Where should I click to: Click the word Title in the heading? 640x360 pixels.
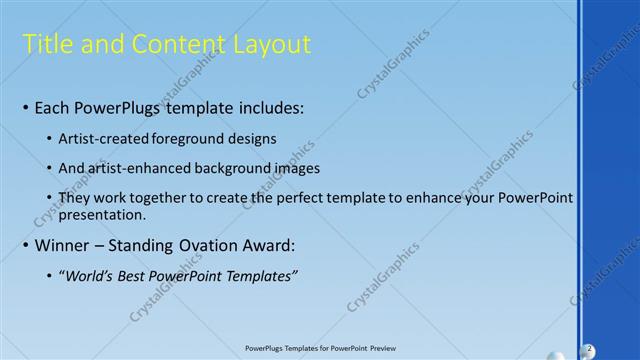click(47, 44)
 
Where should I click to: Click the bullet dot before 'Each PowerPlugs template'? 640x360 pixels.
click(25, 107)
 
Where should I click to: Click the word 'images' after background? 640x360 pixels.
click(297, 168)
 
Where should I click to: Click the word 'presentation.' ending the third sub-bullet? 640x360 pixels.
click(103, 214)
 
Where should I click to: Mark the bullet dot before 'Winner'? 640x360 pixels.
click(25, 245)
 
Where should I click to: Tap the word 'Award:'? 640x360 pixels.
click(268, 245)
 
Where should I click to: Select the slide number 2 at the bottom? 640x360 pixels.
click(589, 348)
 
